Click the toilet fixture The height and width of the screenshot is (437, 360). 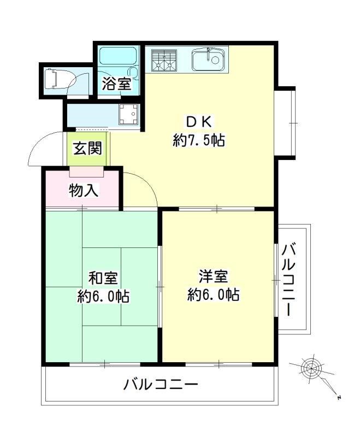(55, 78)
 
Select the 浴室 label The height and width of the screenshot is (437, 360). (116, 84)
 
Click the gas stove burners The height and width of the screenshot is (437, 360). (164, 60)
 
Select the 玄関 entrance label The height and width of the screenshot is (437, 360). (87, 147)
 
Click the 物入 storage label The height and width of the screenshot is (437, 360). (83, 191)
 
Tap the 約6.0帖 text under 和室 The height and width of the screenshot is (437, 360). (103, 297)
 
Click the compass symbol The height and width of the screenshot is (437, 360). (310, 368)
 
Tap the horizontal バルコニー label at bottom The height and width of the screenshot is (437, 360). (160, 385)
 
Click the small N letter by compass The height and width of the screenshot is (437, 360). (339, 397)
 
